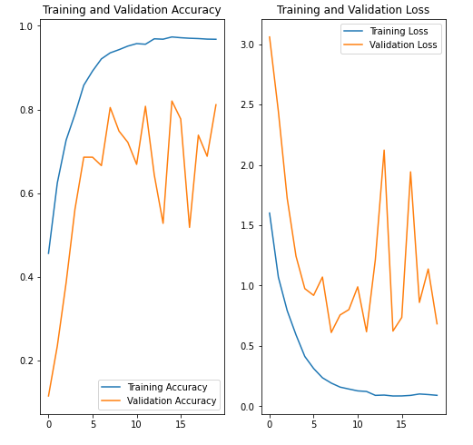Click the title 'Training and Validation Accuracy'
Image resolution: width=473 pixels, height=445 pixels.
coord(132,10)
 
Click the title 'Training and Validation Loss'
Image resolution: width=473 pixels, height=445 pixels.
coord(353,10)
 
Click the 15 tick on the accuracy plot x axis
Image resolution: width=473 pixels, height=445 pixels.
coord(180,424)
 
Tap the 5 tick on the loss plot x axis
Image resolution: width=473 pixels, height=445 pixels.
coord(313,424)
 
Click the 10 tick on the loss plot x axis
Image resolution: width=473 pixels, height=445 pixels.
coord(358,424)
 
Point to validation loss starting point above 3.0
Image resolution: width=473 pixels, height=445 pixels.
coord(270,37)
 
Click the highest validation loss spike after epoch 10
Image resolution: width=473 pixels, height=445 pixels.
coord(384,150)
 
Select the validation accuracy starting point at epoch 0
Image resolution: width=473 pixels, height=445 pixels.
coord(49,396)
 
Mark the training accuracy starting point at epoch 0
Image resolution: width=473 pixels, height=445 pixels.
coord(49,253)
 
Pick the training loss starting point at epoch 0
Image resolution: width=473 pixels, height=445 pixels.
coord(270,213)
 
